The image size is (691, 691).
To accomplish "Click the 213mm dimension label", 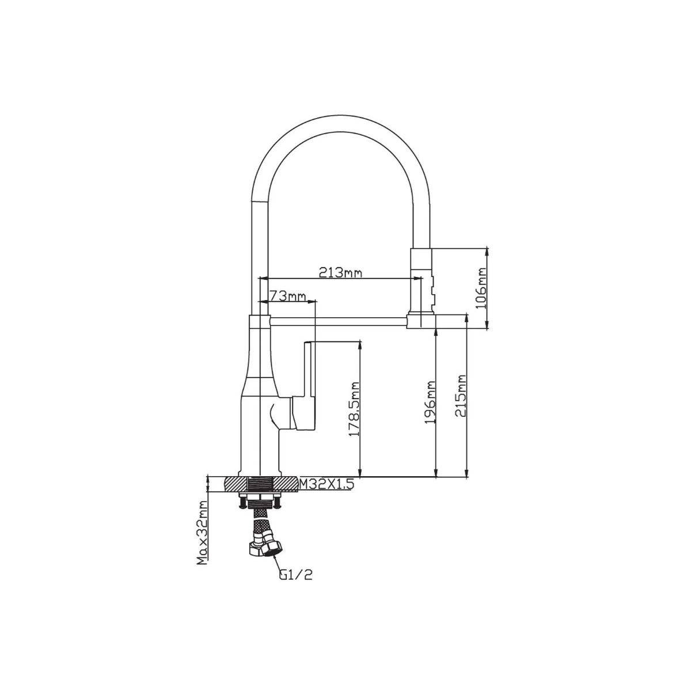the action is [340, 273].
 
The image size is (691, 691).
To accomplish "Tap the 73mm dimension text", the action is [287, 296].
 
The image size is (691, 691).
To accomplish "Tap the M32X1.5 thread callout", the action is [326, 485].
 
